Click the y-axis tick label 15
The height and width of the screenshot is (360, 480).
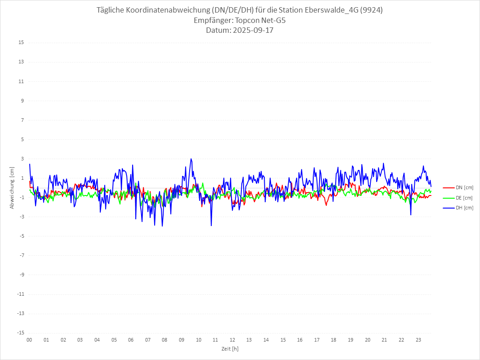pos(21,43)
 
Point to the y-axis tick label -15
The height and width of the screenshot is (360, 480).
pos(20,333)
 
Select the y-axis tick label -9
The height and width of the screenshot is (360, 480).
pos(21,275)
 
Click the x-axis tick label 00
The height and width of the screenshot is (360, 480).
pos(29,340)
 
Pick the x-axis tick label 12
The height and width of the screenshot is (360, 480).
pos(232,340)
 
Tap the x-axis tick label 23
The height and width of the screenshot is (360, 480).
pos(418,340)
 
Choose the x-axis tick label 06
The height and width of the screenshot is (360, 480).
pos(131,340)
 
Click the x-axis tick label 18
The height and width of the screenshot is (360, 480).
pos(334,340)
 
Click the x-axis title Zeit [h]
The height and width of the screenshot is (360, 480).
pos(230,348)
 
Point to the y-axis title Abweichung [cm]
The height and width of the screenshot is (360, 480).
pos(12,187)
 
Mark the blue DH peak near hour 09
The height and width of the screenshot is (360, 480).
pos(191,159)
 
